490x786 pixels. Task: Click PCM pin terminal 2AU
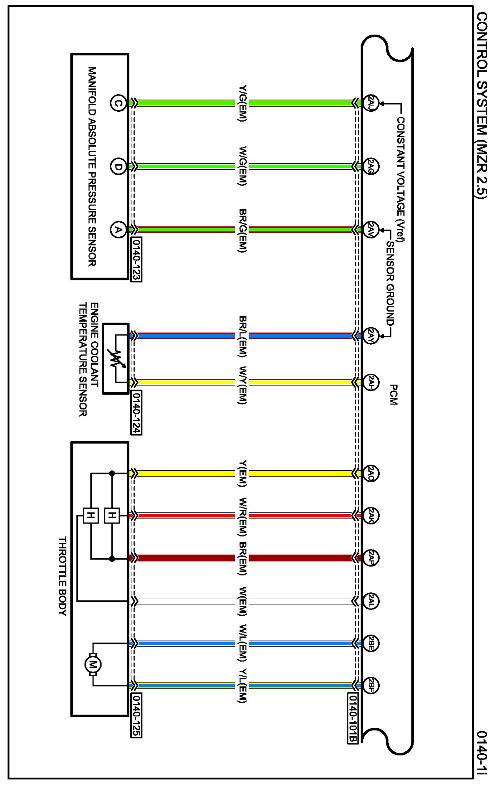[x=371, y=103]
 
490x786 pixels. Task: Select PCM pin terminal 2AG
[x=371, y=167]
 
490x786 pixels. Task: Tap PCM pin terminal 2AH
[x=371, y=382]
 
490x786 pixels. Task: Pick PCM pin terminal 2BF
[x=371, y=686]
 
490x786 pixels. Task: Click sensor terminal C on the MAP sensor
[x=118, y=103]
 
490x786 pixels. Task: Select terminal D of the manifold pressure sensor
[x=118, y=167]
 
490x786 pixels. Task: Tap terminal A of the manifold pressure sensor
[x=118, y=230]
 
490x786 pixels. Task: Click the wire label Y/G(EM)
[x=242, y=103]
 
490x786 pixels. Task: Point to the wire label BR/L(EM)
[x=242, y=336]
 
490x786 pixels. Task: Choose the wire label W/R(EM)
[x=242, y=517]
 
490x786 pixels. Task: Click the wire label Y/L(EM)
[x=242, y=686]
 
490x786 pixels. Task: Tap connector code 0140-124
[x=136, y=413]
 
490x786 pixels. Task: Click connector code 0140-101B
[x=353, y=718]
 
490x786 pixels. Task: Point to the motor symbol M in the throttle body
[x=93, y=665]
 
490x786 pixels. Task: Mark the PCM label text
[x=393, y=395]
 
